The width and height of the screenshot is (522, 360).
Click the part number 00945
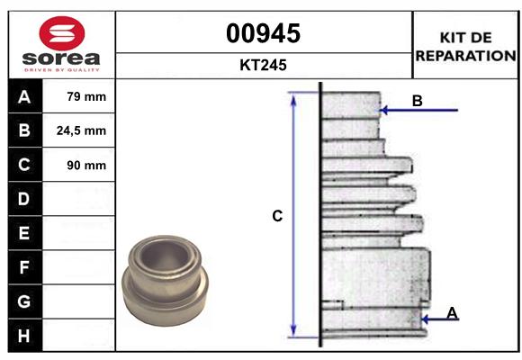(263, 34)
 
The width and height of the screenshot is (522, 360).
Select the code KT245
(263, 65)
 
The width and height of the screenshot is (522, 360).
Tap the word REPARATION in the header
(465, 56)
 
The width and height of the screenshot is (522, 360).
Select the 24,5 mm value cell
(80, 131)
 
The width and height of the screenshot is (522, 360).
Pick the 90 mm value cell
(80, 166)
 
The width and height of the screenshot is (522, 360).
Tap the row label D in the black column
(24, 199)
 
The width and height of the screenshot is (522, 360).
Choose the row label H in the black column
(24, 336)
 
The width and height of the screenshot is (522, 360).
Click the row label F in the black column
(24, 267)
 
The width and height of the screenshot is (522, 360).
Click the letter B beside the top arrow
(417, 101)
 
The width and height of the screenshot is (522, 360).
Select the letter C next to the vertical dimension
(278, 216)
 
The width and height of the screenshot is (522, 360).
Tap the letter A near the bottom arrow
(452, 312)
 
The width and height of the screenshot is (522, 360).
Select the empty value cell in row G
(80, 301)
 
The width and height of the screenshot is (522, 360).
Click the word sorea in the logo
(60, 58)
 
